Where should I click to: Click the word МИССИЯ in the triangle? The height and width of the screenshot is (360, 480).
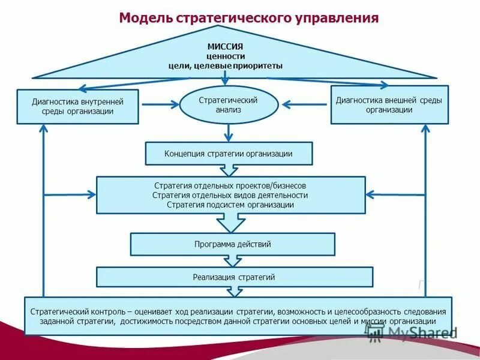(x=225, y=46)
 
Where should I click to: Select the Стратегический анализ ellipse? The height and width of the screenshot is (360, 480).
(x=229, y=105)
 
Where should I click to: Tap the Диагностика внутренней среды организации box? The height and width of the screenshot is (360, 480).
(x=77, y=107)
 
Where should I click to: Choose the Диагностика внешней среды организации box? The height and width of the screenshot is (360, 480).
(x=389, y=105)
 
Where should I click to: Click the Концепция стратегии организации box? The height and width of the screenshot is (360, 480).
(x=229, y=154)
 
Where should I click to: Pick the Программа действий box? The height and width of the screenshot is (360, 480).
(x=233, y=244)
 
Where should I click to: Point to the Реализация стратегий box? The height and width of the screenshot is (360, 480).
(x=234, y=277)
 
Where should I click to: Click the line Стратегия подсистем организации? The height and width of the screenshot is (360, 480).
(x=230, y=205)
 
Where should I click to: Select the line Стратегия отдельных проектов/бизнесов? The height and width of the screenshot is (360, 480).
(x=230, y=185)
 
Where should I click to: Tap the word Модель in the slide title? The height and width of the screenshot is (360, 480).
(x=145, y=18)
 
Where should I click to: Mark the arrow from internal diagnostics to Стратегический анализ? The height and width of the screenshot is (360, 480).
(x=159, y=104)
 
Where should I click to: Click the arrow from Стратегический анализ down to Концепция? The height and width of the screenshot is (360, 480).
(x=229, y=132)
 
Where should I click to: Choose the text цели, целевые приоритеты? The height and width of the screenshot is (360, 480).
(x=225, y=65)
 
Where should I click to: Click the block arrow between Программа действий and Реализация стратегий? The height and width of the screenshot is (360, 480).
(x=230, y=262)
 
